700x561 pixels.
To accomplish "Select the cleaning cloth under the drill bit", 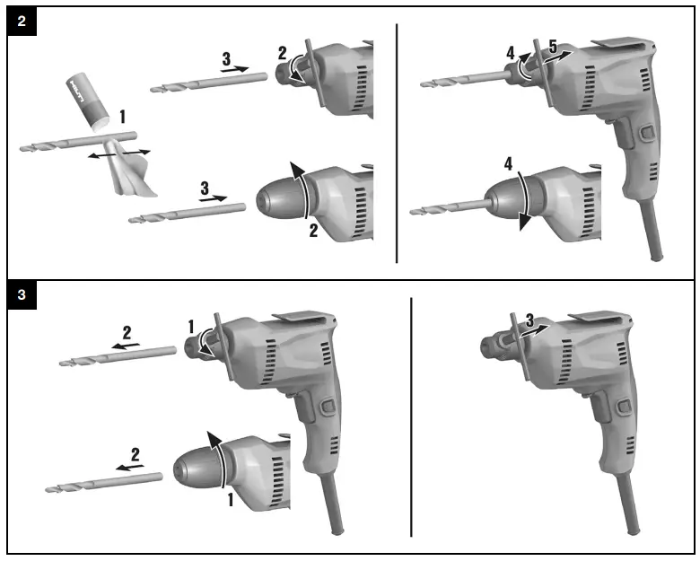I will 127,171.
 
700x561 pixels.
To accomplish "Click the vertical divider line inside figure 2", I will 397,144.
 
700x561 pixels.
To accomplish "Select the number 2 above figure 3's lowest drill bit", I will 136,454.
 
